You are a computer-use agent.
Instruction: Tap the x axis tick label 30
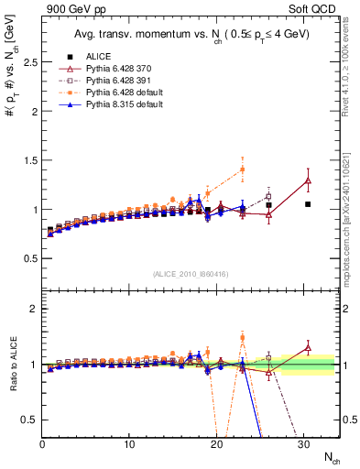303,444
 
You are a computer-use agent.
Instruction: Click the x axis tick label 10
129,444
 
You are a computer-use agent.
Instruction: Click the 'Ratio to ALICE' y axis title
10,365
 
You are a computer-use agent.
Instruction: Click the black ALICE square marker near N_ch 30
308,204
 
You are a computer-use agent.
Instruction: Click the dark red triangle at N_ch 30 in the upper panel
308,180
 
